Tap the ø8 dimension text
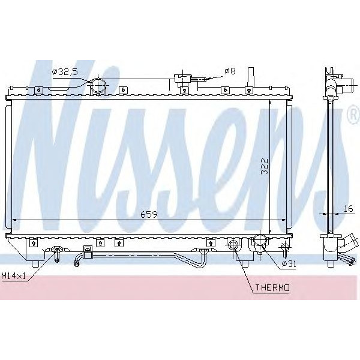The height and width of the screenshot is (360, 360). coord(230,71)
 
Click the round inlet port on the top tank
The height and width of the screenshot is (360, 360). coord(98,86)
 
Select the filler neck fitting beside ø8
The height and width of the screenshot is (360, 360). coord(181,79)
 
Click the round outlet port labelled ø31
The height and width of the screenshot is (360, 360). coord(259,242)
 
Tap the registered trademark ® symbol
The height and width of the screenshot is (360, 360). coord(352,119)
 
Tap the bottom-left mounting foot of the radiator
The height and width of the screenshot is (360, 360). coord(35,262)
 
